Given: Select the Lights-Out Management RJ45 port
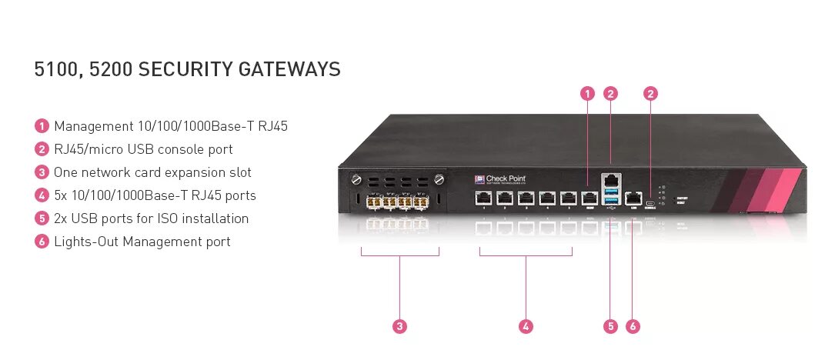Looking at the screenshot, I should coord(633,197).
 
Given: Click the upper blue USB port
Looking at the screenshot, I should coord(611,190).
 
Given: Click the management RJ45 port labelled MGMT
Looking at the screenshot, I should coord(590,198).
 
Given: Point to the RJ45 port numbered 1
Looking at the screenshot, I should coord(483,198).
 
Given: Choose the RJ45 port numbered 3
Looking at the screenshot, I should coord(526,198).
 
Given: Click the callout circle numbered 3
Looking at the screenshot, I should coord(399,326).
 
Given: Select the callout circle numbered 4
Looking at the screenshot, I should coord(526,326).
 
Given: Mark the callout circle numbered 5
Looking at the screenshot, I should coord(610,326).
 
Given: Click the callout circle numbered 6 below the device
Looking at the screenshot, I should coord(633,326).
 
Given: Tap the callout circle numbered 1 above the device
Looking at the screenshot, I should coord(587,94).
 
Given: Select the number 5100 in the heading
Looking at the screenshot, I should coord(57,69).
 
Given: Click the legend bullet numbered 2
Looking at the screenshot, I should coord(42,149).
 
